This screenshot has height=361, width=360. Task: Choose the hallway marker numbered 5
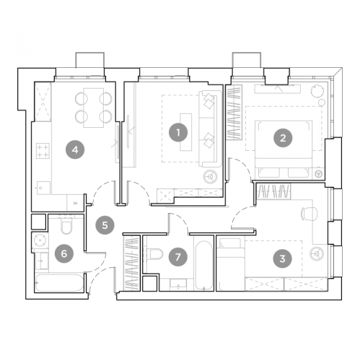pyautogui.click(x=105, y=225)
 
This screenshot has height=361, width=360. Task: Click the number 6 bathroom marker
pyautogui.click(x=65, y=253)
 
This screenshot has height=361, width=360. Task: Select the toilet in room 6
pyautogui.click(x=66, y=228)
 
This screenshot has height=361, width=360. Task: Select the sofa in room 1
pyautogui.click(x=208, y=129)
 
